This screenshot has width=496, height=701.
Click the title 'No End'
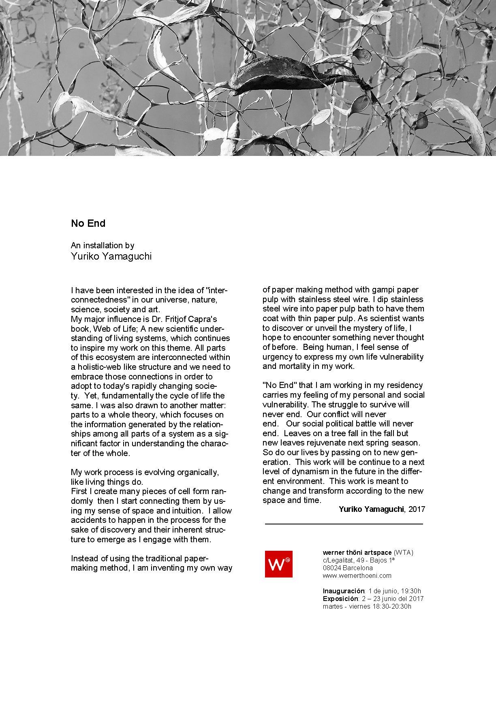[x=88, y=223]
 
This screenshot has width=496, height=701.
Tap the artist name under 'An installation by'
[x=111, y=256]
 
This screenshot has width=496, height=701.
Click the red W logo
[x=278, y=564]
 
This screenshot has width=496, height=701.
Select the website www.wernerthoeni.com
[x=357, y=575]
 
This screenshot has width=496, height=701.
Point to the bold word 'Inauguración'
[x=344, y=591]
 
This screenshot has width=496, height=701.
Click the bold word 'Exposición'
[x=340, y=599]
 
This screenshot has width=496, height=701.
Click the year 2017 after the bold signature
[x=417, y=509]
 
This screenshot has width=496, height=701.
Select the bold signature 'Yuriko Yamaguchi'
[x=371, y=509]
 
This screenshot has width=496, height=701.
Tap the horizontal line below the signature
[x=344, y=524]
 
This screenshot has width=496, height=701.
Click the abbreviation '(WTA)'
[x=403, y=552]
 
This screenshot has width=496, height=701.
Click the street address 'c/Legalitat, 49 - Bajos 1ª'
[x=359, y=560]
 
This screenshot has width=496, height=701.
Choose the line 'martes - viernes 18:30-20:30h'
[x=367, y=606]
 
